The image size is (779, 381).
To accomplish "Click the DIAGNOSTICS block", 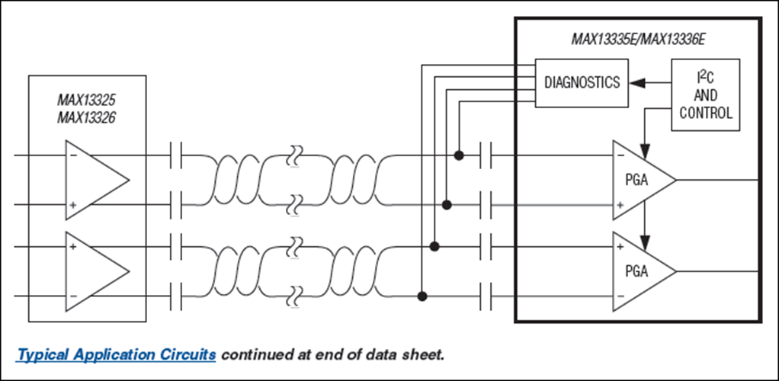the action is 582,82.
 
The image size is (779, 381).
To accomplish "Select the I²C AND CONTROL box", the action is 706,95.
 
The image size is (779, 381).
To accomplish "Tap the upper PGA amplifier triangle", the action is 644,180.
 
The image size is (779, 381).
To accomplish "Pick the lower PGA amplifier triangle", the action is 644,271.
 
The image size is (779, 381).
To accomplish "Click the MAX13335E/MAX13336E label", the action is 637,40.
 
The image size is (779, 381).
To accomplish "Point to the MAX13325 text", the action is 86,100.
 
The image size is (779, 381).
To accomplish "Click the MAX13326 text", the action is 86,117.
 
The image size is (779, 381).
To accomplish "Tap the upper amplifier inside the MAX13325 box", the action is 98,180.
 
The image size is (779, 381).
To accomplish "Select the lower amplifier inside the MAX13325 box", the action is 98,271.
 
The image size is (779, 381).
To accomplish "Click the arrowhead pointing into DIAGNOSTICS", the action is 637,83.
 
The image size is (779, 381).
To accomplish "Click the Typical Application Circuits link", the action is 117,355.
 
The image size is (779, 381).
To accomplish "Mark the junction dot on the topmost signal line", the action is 459,155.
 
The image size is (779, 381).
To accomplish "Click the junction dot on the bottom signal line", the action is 422,296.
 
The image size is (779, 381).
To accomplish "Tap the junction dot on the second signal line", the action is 447,204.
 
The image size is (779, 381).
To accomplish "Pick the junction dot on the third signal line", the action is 434,246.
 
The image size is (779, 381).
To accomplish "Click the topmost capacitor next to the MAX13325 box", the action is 176,155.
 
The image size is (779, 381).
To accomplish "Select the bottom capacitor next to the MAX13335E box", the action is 486,296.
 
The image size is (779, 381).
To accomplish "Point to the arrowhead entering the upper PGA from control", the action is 645,151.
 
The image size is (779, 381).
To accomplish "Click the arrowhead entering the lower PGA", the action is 645,242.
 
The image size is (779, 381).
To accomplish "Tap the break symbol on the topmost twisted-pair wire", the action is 295,156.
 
